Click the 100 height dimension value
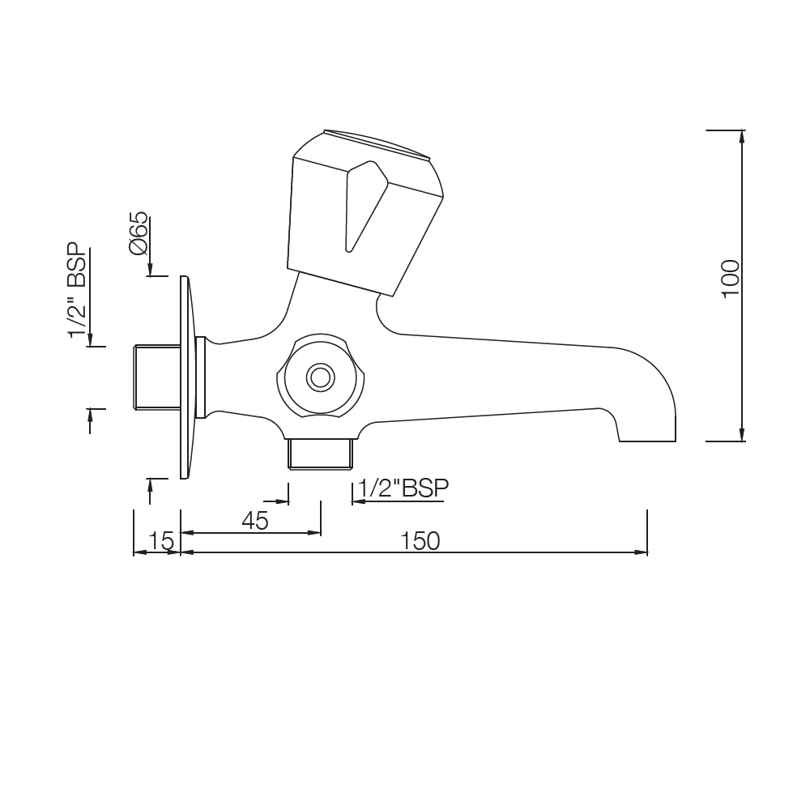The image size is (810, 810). pos(731,278)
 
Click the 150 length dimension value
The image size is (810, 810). pos(421,540)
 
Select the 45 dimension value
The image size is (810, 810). pos(255,521)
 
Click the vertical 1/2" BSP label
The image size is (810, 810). pos(78,290)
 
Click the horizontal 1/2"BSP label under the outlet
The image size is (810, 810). pos(403,488)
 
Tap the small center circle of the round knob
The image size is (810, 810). pos(320,377)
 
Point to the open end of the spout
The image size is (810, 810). pos(647,441)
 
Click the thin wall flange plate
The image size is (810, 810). pos(185,377)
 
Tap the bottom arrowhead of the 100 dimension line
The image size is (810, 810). pos(742,436)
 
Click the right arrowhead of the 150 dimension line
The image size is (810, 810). pos(642,552)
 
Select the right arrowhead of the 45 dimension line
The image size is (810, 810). pos(315,532)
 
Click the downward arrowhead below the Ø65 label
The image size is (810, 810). pos(149,271)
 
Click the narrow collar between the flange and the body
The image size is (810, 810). pos(202,377)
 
